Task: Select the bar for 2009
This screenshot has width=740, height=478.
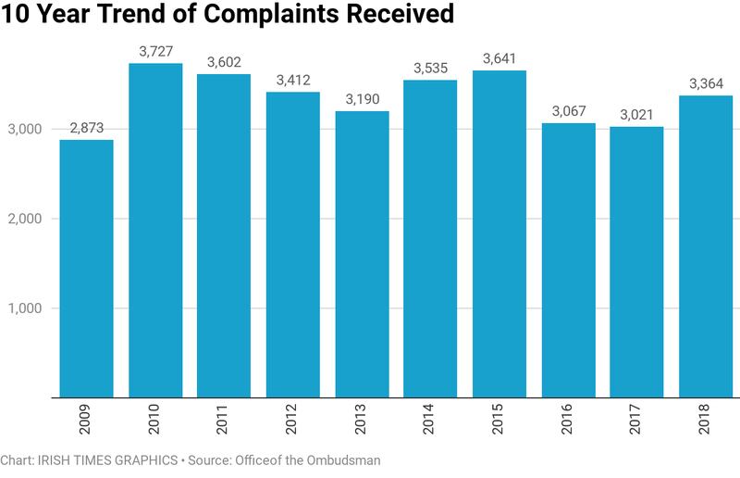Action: pyautogui.click(x=86, y=269)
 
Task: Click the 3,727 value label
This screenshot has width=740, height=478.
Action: pyautogui.click(x=154, y=52)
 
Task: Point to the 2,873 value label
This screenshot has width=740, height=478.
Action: pyautogui.click(x=86, y=128)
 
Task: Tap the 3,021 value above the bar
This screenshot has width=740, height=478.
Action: pyautogui.click(x=636, y=115)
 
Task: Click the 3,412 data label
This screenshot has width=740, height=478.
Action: pyautogui.click(x=292, y=80)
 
